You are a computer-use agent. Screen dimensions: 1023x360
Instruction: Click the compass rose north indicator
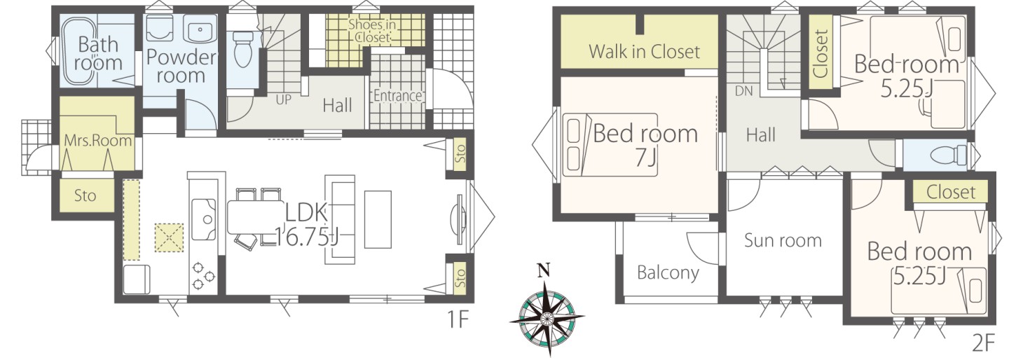coord(543,271)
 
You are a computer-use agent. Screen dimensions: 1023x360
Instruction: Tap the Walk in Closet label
coord(644,52)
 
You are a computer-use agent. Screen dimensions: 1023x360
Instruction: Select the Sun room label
coord(783,240)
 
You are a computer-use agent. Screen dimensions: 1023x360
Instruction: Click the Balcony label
coord(668,273)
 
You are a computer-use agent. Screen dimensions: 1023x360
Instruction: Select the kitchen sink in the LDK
coord(204,219)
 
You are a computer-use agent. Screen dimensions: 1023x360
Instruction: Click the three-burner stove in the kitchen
coord(203,276)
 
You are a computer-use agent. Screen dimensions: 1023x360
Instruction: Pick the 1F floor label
coord(457,320)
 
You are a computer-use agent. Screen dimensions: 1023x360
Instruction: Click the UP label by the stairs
coord(283,100)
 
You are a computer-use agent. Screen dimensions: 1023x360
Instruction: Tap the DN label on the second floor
coord(743,91)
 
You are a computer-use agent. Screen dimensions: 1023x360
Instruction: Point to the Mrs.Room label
coord(97,140)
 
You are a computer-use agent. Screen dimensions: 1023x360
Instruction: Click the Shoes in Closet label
coord(372,31)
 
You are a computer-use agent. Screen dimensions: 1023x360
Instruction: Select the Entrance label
coord(397,96)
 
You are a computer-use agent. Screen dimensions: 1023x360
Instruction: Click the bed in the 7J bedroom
coord(610,145)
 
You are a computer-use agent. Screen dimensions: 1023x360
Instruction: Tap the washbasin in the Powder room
coord(200,29)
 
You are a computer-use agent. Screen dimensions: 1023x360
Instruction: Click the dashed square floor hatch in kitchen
coord(170,237)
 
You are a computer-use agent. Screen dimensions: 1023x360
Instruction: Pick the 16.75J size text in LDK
coord(307,238)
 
